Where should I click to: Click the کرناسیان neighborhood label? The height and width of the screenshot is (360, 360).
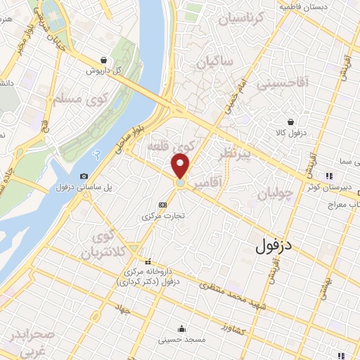pos(243,19)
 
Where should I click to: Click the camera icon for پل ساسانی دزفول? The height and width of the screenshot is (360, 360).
pos(84,176)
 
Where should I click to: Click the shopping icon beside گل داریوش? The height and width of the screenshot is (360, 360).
pos(104,60)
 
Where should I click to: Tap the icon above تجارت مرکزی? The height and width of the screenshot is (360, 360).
pos(163,205)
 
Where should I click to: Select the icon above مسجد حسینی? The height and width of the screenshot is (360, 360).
pos(181,328)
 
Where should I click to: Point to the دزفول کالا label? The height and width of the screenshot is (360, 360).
pos(286,133)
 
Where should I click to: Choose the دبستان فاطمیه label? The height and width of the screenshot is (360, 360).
pos(304,6)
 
